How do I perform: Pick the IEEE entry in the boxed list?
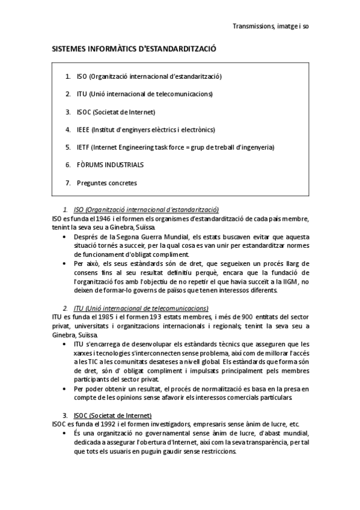145,129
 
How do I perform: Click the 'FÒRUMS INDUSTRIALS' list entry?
110,164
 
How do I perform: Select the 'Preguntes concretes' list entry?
106,182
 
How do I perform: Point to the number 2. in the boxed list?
69,94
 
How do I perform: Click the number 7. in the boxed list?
69,182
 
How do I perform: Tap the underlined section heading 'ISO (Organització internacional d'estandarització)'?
146,209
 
